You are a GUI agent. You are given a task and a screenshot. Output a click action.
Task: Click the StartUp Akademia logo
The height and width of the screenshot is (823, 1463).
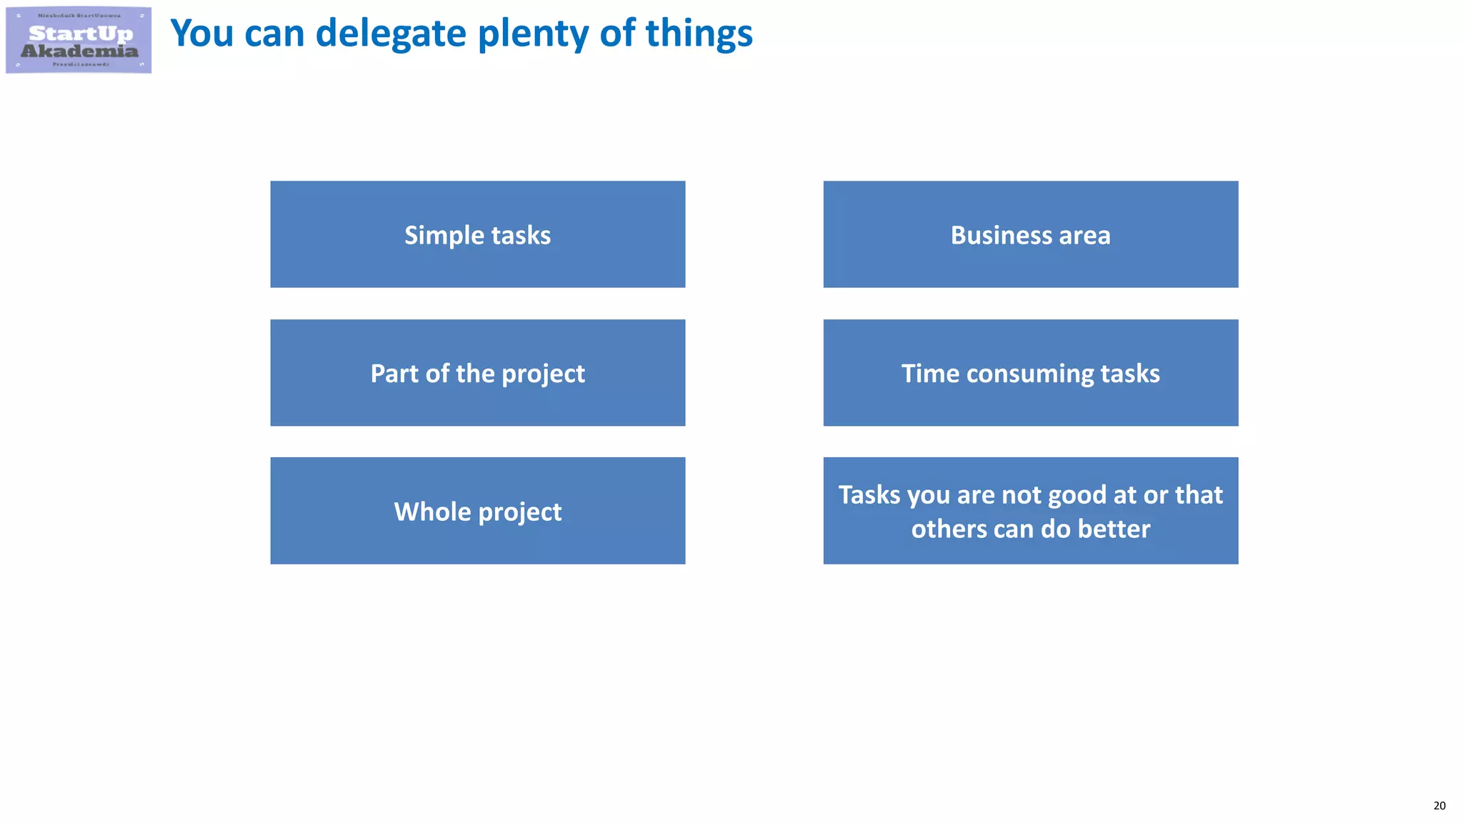(x=79, y=40)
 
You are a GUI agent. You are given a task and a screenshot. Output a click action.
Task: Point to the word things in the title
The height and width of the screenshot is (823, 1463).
(x=699, y=34)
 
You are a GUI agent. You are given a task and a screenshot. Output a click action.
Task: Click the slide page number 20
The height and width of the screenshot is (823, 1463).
(x=1439, y=806)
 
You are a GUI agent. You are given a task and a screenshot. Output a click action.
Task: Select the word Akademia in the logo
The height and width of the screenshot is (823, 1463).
(x=79, y=51)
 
